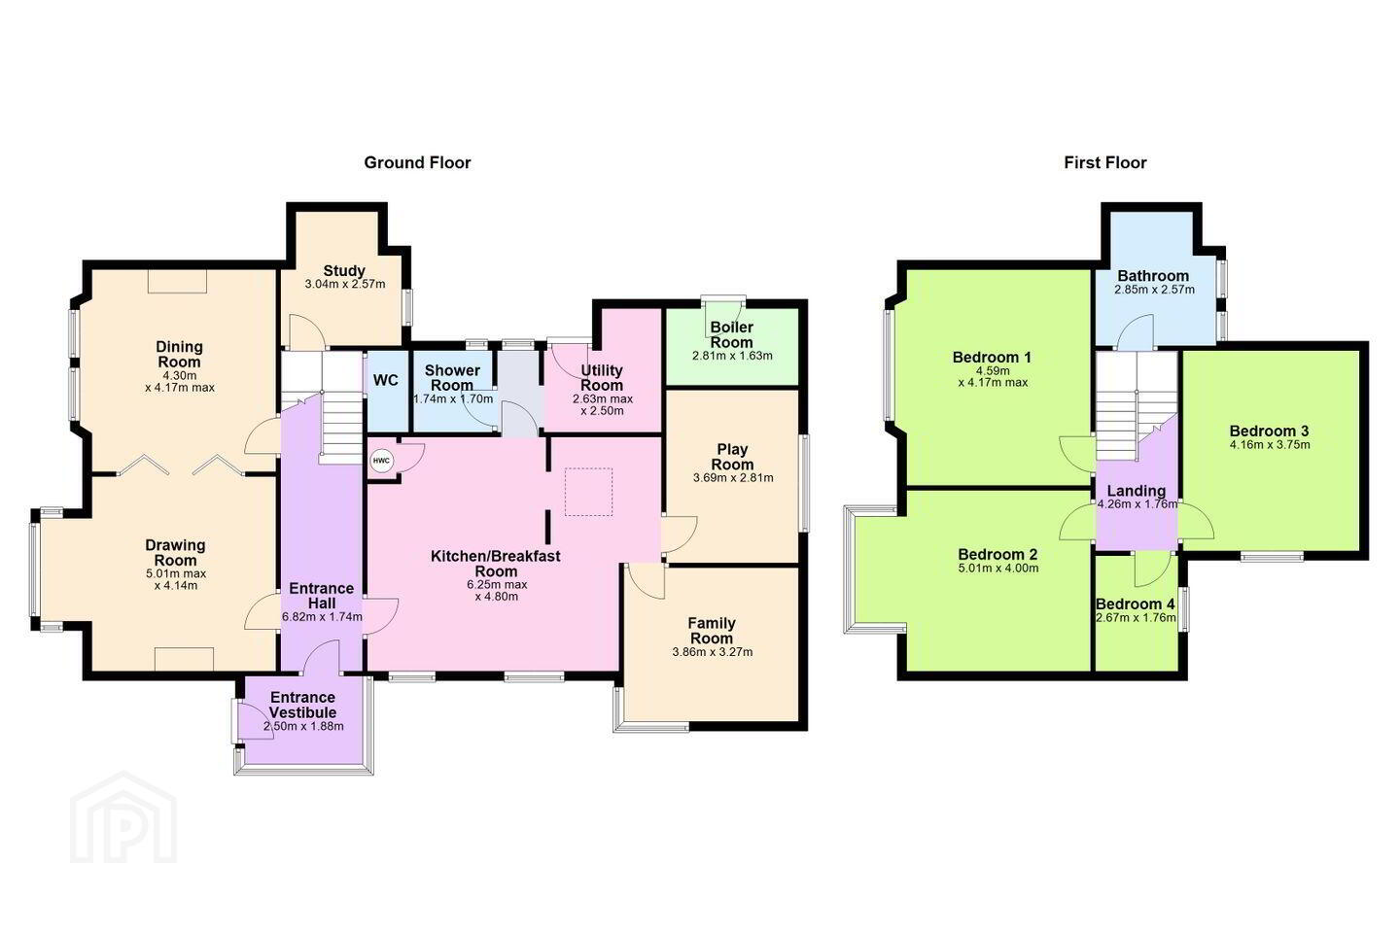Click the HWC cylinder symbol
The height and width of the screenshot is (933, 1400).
pyautogui.click(x=381, y=462)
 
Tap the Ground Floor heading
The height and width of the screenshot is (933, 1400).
pyautogui.click(x=417, y=163)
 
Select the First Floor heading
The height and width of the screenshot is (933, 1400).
pyautogui.click(x=1105, y=163)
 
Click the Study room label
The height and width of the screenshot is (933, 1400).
pyautogui.click(x=344, y=270)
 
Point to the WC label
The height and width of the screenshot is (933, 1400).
pyautogui.click(x=386, y=381)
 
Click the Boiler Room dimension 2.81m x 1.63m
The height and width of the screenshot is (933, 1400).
pyautogui.click(x=732, y=357)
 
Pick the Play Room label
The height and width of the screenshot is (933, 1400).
pyautogui.click(x=732, y=457)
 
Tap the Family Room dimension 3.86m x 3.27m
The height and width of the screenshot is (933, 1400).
pyautogui.click(x=712, y=652)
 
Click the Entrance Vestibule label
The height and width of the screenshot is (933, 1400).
pyautogui.click(x=303, y=705)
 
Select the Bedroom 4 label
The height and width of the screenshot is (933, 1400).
pyautogui.click(x=1135, y=605)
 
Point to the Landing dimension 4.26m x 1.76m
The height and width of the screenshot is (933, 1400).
pyautogui.click(x=1137, y=504)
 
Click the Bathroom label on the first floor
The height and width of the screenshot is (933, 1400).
pyautogui.click(x=1153, y=276)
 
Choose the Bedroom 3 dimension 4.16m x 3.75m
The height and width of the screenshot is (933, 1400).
pyautogui.click(x=1270, y=445)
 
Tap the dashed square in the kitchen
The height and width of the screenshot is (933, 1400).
pyautogui.click(x=588, y=492)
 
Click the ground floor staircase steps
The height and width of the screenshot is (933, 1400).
pyautogui.click(x=340, y=428)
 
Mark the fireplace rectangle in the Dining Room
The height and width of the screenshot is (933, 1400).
pyautogui.click(x=178, y=281)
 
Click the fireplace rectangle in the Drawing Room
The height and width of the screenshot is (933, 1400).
pyautogui.click(x=185, y=659)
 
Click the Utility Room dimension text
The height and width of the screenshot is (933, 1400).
pyautogui.click(x=603, y=405)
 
